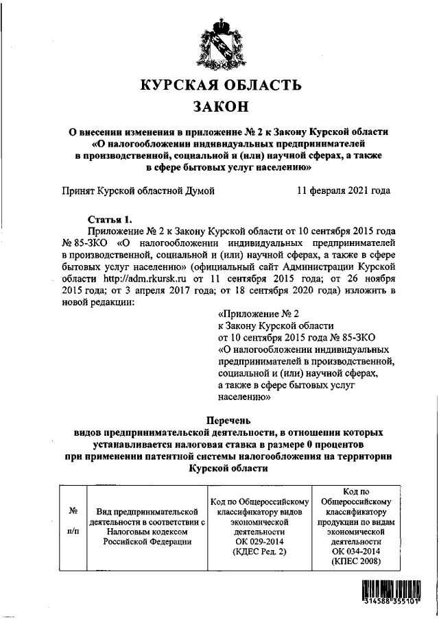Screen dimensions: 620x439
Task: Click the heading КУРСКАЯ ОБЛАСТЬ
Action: click(x=220, y=86)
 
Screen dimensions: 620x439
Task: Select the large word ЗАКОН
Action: click(x=220, y=108)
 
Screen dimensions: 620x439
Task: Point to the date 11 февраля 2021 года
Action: click(x=344, y=191)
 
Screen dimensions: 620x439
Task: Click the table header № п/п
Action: click(x=73, y=521)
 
